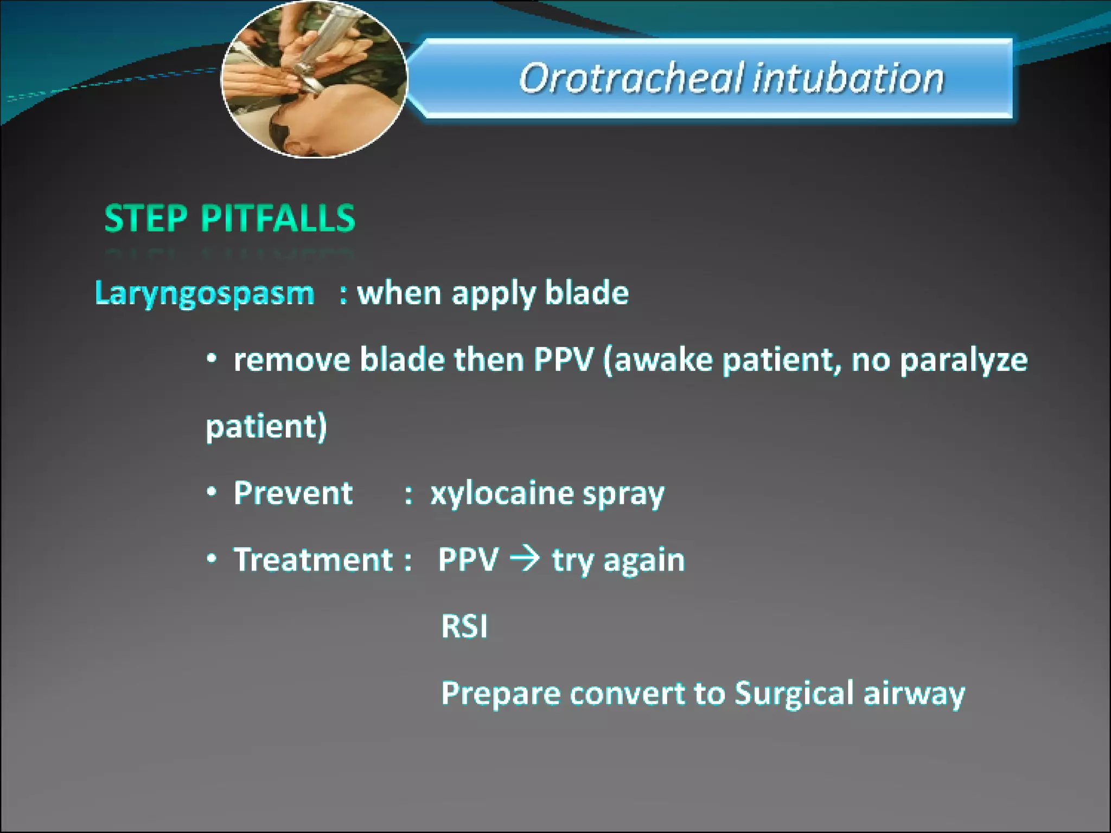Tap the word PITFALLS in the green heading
[x=278, y=219]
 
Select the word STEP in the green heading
[x=145, y=219]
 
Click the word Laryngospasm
[x=205, y=294]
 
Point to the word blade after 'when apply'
[x=586, y=293]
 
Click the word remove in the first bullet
[x=292, y=360]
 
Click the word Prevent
[x=293, y=494]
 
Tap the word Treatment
[x=313, y=560]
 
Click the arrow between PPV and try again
[x=525, y=559]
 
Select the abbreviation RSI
[x=464, y=627]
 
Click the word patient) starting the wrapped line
[x=266, y=427]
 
